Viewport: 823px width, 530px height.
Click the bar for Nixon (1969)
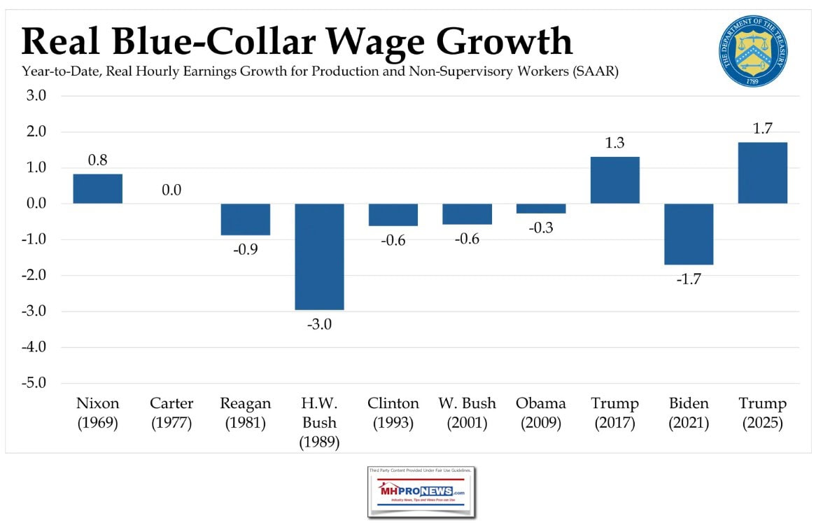coord(98,189)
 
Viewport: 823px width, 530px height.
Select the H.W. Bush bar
coord(319,256)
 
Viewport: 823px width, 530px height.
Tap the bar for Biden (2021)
coord(689,234)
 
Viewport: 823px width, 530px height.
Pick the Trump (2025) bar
coord(763,173)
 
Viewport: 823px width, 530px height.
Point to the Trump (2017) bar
coord(615,180)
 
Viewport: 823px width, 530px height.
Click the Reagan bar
coord(246,219)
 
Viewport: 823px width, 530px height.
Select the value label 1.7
coord(763,128)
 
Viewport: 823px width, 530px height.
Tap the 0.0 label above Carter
coord(171,190)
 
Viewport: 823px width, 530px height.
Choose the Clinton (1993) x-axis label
coord(393,413)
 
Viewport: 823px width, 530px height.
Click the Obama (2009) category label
coord(541,413)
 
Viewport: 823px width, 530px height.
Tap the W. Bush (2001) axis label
coord(467,413)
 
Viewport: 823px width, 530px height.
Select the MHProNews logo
coord(421,493)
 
